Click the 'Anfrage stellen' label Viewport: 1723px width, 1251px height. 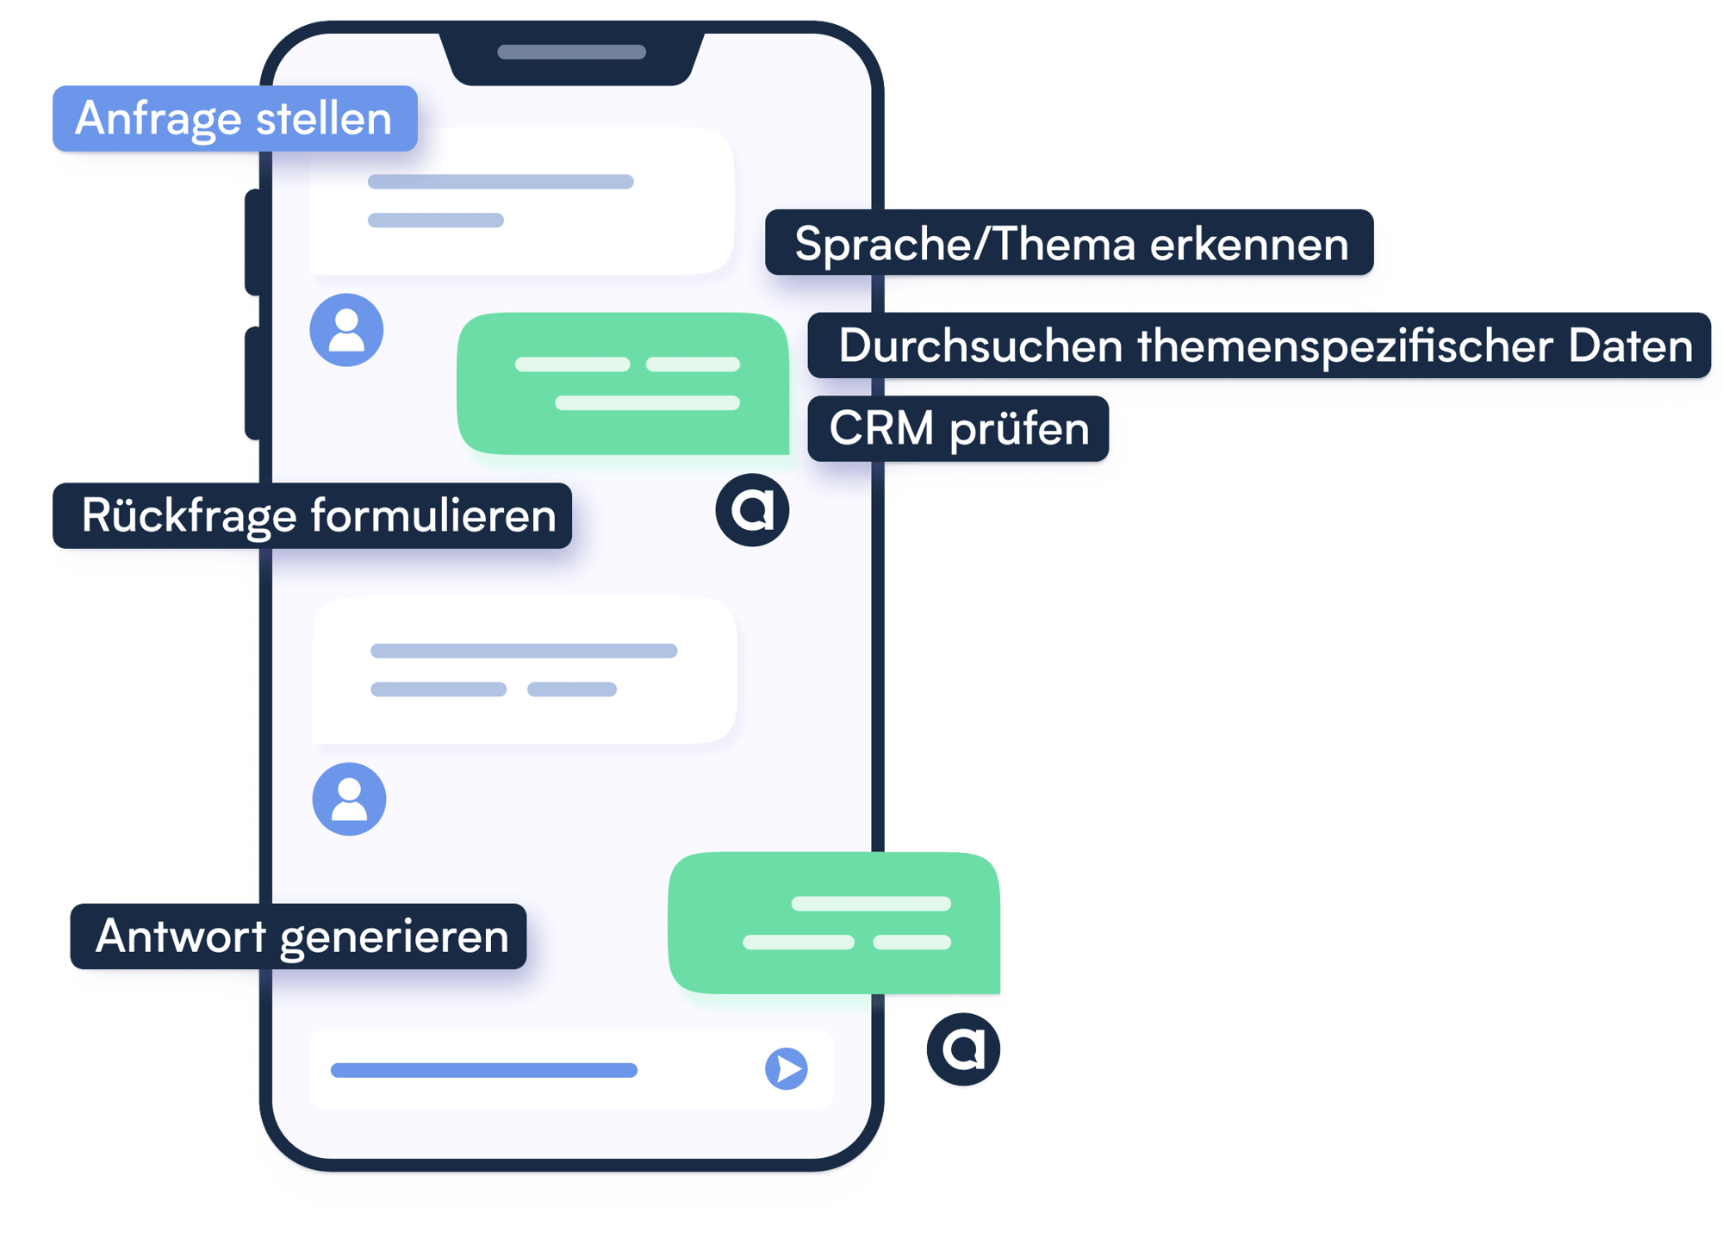coord(234,119)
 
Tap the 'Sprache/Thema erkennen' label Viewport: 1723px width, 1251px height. coord(1069,243)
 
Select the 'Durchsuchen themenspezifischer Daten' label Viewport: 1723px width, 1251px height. coord(1259,345)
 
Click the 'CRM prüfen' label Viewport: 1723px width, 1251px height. coord(958,429)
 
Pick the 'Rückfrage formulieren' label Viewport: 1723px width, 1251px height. coord(312,516)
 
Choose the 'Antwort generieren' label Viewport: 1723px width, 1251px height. coord(298,937)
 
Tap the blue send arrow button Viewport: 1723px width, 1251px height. coord(786,1069)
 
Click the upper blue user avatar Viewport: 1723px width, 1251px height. coord(346,330)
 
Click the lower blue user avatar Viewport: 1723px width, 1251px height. coord(349,799)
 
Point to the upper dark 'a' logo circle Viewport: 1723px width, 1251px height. coord(752,510)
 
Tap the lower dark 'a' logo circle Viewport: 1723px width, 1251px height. coord(963,1049)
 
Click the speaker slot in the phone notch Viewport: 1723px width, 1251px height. coord(571,53)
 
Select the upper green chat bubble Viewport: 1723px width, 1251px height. coord(623,383)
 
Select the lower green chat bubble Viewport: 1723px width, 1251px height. coord(834,923)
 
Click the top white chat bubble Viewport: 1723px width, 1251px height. coord(521,201)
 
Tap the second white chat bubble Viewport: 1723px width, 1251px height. coord(524,670)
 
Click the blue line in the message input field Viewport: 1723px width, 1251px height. coord(484,1070)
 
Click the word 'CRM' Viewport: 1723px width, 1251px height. coord(881,429)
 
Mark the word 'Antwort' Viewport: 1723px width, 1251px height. coord(181,937)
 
